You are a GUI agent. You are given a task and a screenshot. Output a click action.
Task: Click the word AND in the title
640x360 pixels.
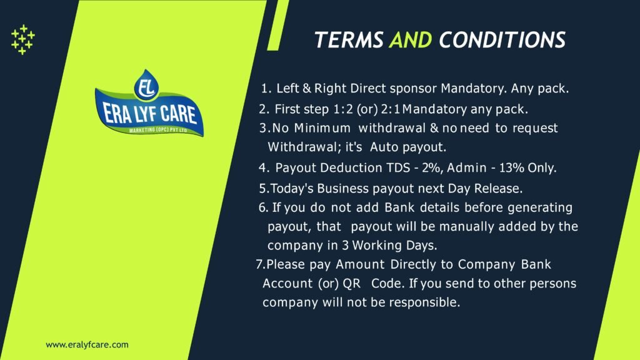point(410,40)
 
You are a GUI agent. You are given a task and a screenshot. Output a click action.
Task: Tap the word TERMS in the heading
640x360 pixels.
point(349,40)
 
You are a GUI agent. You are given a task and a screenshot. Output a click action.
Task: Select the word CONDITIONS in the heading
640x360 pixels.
point(502,40)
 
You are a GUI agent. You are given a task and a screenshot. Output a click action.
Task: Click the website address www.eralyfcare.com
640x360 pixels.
point(87,344)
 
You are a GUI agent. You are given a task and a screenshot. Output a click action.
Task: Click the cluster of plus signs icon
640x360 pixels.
point(23,39)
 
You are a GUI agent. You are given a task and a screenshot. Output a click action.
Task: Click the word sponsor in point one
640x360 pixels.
point(397,88)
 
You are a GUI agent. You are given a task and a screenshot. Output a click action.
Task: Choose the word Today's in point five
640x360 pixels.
point(292,188)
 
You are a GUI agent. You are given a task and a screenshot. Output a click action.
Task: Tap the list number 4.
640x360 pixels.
point(263,168)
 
